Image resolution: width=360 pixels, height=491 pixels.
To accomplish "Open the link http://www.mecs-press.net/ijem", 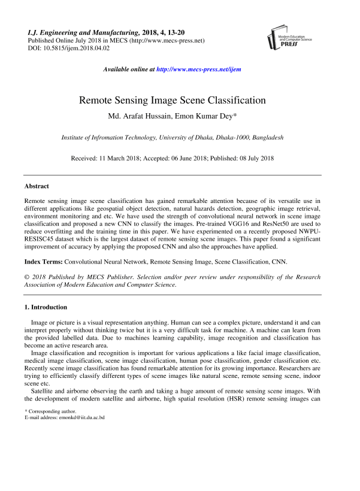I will tap(198, 69).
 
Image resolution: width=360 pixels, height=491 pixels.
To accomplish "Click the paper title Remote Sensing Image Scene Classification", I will tap(180, 100).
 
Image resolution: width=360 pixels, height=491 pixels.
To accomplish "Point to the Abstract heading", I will tap(37, 187).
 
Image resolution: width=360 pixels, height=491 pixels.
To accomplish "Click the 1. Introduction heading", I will tap(46, 307).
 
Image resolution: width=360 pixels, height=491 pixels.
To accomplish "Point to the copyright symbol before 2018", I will tap(27, 277).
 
